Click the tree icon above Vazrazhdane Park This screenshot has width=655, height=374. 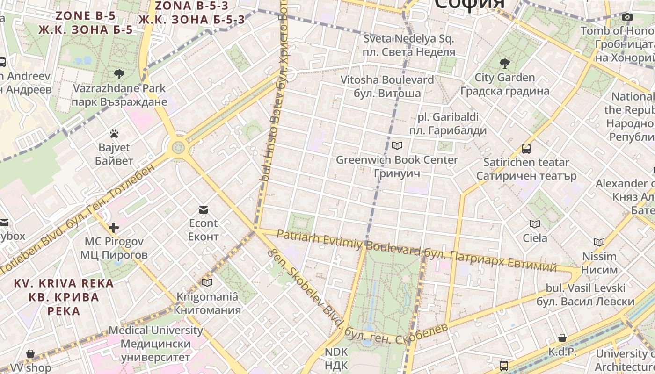pyautogui.click(x=119, y=74)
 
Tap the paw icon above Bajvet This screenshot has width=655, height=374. pyautogui.click(x=114, y=134)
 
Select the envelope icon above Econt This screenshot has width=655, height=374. pyautogui.click(x=204, y=209)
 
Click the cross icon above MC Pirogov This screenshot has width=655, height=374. pyautogui.click(x=114, y=228)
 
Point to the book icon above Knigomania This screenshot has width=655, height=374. pyautogui.click(x=207, y=282)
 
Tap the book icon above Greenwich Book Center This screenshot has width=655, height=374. pyautogui.click(x=397, y=145)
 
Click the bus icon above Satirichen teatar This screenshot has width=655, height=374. pyautogui.click(x=526, y=149)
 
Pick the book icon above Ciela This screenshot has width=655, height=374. pyautogui.click(x=535, y=224)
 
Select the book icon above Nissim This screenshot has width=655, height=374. pyautogui.click(x=599, y=242)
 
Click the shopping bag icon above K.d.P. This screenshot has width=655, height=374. pyautogui.click(x=562, y=338)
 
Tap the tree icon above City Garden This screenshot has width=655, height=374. pyautogui.click(x=504, y=63)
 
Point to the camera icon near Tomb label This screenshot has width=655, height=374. pyautogui.click(x=627, y=17)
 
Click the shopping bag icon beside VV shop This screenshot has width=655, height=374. pyautogui.click(x=30, y=354)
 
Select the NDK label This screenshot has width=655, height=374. pyautogui.click(x=336, y=358)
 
